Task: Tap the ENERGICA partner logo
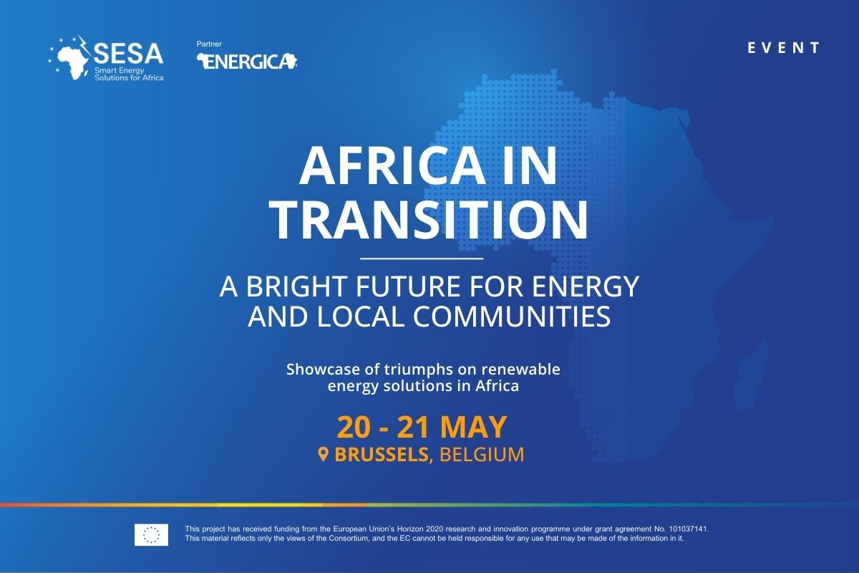tap(247, 62)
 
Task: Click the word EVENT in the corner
tap(783, 48)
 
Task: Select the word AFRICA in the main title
tap(391, 166)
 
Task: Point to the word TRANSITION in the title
tap(429, 221)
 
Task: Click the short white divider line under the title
tap(422, 259)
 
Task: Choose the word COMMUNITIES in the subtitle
tap(512, 317)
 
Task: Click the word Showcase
tap(324, 369)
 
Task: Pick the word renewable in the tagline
tap(521, 369)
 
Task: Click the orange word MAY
tap(473, 427)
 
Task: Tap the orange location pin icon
tap(324, 454)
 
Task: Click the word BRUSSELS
tap(381, 455)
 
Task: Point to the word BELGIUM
tap(482, 455)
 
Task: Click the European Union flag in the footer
tap(151, 534)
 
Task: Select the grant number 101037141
tap(689, 529)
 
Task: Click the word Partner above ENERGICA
tap(209, 44)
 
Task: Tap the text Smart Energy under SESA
tap(120, 71)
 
